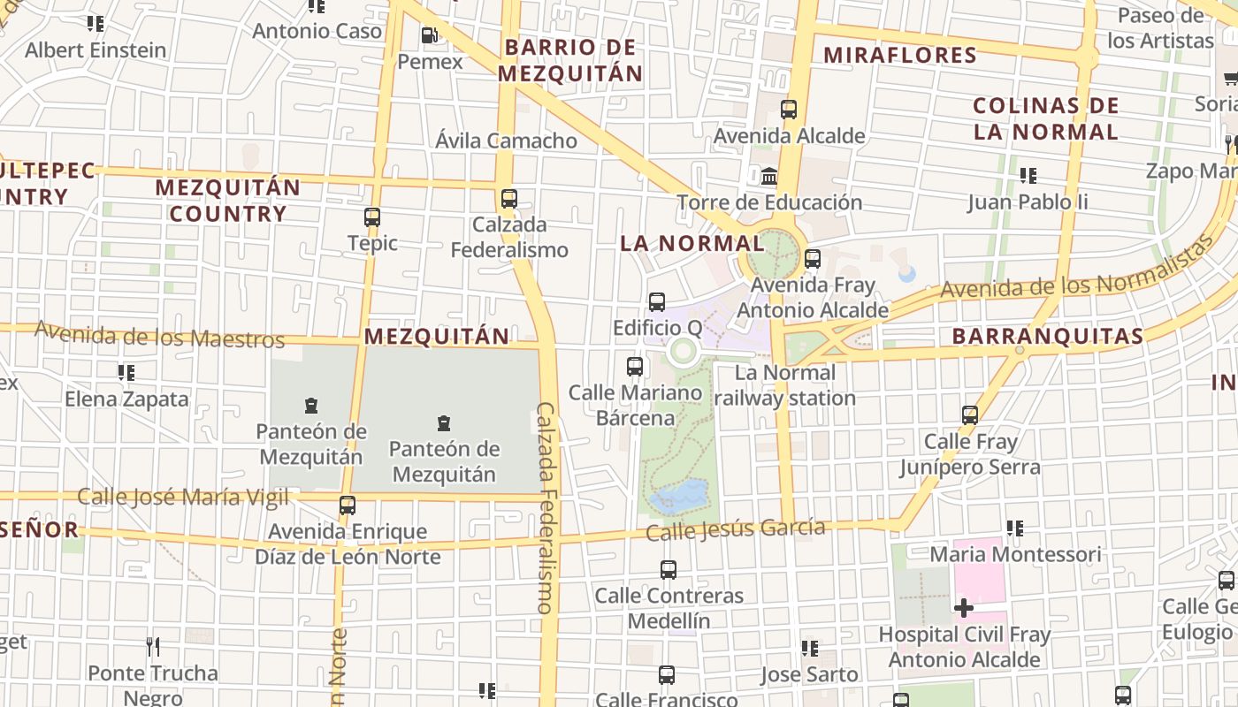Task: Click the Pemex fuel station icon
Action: (x=429, y=35)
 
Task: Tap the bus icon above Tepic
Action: (x=372, y=217)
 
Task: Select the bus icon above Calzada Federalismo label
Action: (x=508, y=198)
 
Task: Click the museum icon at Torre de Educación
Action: (x=769, y=176)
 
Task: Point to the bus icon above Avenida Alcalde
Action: (x=789, y=110)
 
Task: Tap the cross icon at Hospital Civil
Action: (x=964, y=607)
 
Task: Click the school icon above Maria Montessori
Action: (x=1015, y=528)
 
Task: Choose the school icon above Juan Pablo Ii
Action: (x=1028, y=175)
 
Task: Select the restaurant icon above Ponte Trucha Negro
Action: (x=153, y=647)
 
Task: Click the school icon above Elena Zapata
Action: (x=126, y=373)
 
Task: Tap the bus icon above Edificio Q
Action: (x=657, y=301)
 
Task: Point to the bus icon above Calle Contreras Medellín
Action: (x=669, y=569)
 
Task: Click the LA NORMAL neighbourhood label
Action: (x=692, y=243)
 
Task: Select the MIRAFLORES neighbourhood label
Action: (x=899, y=55)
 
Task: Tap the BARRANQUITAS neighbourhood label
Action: (x=1048, y=337)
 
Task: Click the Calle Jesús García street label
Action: (x=736, y=530)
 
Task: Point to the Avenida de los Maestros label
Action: (x=159, y=336)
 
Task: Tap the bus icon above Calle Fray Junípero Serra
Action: (x=970, y=414)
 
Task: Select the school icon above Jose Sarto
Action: (x=809, y=649)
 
